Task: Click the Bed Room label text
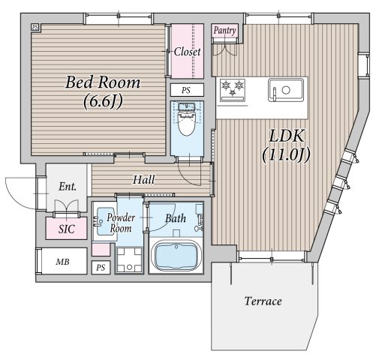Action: pyautogui.click(x=103, y=82)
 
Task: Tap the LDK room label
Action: pyautogui.click(x=287, y=136)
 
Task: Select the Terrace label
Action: pyautogui.click(x=263, y=301)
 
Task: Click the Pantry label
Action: pyautogui.click(x=224, y=31)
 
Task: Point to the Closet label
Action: pyautogui.click(x=187, y=52)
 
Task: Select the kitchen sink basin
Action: pyautogui.click(x=286, y=90)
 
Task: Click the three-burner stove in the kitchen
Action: pyautogui.click(x=233, y=90)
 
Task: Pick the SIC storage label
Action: pyautogui.click(x=67, y=229)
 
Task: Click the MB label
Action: pyautogui.click(x=62, y=262)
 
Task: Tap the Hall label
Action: pyautogui.click(x=143, y=179)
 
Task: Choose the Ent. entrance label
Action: pyautogui.click(x=68, y=187)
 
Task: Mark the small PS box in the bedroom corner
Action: pyautogui.click(x=35, y=27)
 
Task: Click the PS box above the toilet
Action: pyautogui.click(x=187, y=90)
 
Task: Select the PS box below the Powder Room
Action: pyautogui.click(x=101, y=268)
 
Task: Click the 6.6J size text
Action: pyautogui.click(x=103, y=102)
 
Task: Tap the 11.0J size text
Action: pyautogui.click(x=286, y=154)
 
